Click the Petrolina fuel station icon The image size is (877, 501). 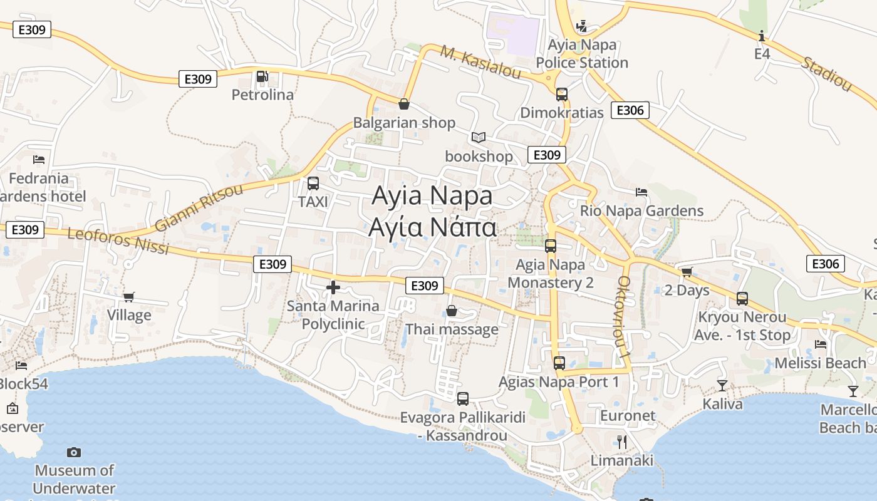tap(262, 76)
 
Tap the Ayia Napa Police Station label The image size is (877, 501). tap(582, 54)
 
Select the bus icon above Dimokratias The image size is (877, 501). tap(562, 95)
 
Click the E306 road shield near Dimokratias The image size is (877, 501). tap(630, 111)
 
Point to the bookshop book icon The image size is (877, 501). tap(479, 137)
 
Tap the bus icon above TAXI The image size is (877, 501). tap(313, 183)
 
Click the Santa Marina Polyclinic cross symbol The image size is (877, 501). tap(333, 287)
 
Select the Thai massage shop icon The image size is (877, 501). tap(452, 311)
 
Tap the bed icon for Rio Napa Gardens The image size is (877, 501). tap(641, 192)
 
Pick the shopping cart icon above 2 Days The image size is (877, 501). tap(687, 272)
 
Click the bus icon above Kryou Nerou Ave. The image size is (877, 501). tap(742, 299)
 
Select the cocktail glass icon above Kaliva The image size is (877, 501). tap(722, 385)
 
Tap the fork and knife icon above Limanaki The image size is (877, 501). tap(621, 442)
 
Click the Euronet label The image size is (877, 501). tap(628, 416)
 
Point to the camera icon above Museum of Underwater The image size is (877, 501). tap(74, 452)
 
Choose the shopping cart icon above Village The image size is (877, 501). tap(129, 297)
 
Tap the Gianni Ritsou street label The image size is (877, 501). tap(199, 208)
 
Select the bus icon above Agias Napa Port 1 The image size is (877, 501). tap(559, 363)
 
